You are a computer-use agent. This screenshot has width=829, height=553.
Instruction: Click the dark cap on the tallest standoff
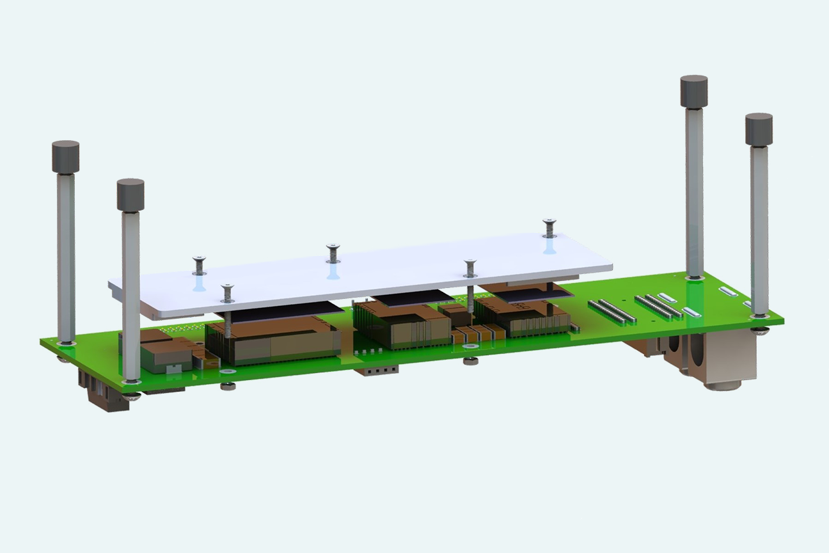click(x=693, y=91)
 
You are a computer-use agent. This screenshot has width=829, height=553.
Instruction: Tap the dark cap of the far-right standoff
click(x=759, y=129)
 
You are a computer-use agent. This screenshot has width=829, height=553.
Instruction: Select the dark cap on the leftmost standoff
click(x=65, y=156)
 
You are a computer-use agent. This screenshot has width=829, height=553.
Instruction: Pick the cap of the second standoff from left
click(x=130, y=194)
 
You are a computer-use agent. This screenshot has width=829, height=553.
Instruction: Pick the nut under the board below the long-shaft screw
click(x=470, y=362)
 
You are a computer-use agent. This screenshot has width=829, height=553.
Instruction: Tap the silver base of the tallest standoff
click(x=693, y=277)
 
